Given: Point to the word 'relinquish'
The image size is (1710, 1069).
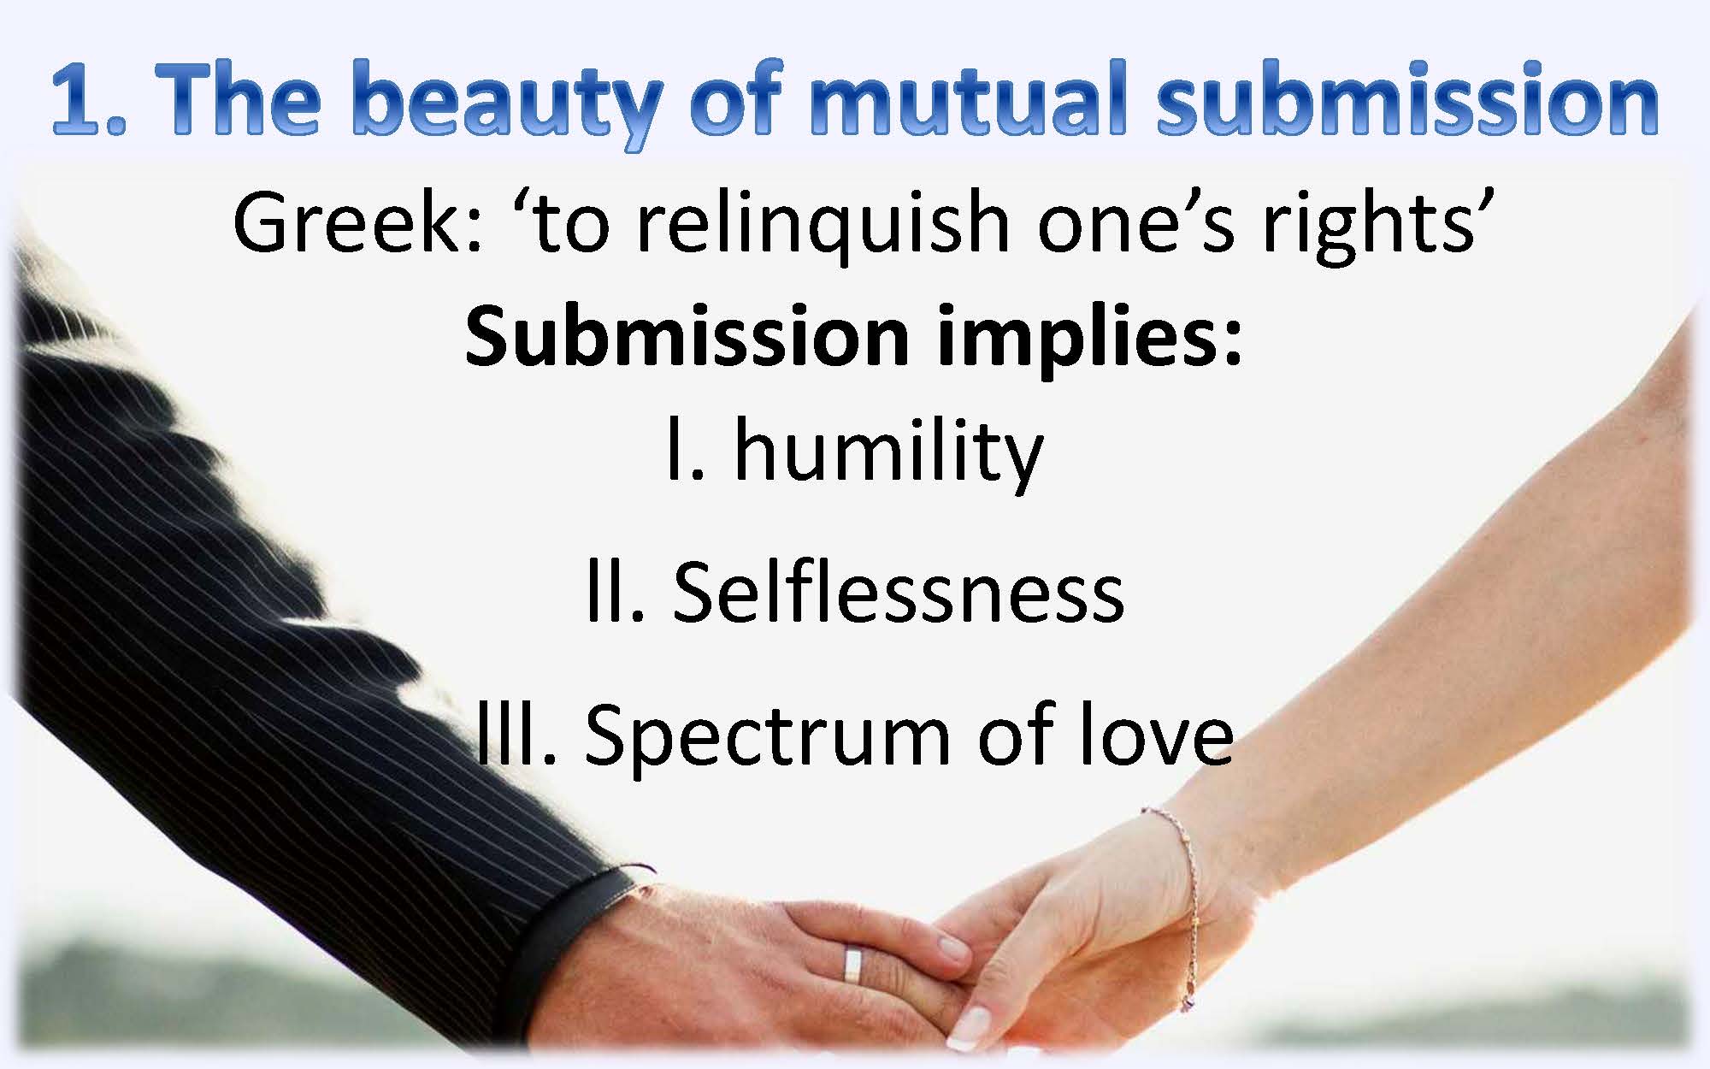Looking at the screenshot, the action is coord(825,224).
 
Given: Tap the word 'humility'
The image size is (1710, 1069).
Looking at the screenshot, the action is coord(888,452).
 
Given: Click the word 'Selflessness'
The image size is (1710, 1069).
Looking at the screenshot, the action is coord(898,591).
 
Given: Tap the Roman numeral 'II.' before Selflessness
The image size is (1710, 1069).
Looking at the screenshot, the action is coord(615,591).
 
